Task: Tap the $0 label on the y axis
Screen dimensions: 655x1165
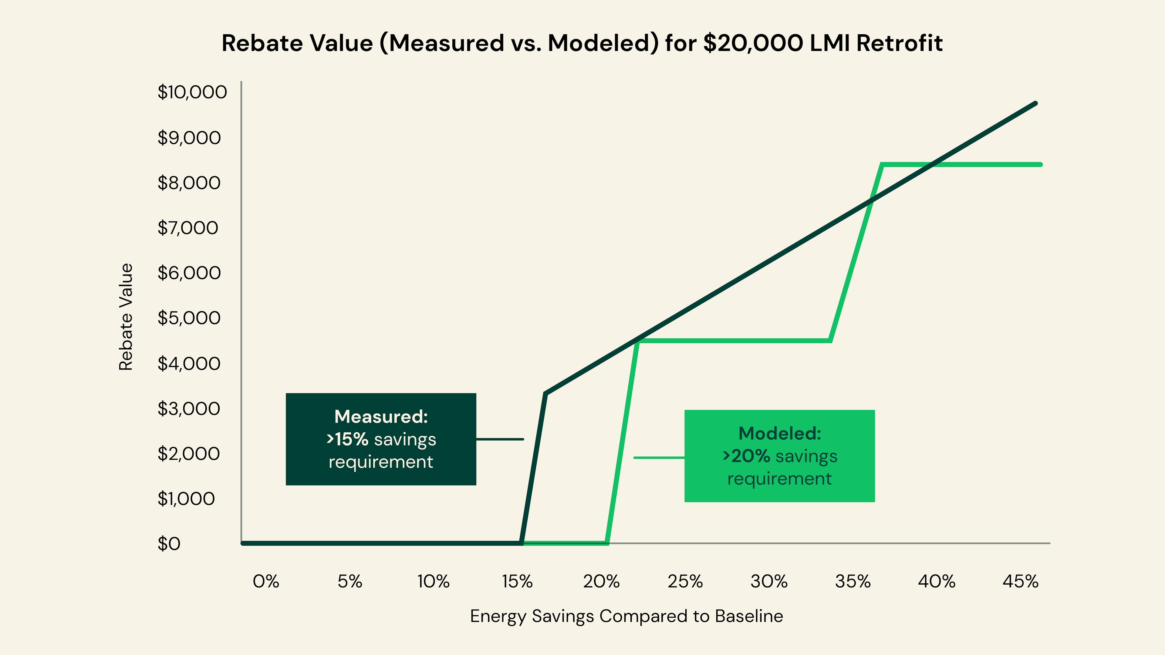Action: click(x=169, y=544)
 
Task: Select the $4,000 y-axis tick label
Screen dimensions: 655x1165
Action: click(x=189, y=364)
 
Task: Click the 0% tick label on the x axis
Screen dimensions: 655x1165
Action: click(x=266, y=581)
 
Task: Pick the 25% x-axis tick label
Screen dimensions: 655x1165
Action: click(x=685, y=581)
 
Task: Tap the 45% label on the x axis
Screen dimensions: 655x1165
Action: click(x=1020, y=581)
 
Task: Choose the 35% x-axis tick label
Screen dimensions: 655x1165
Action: click(x=853, y=581)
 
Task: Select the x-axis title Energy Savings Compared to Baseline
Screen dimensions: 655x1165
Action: click(x=626, y=616)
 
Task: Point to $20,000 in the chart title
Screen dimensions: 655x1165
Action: click(x=753, y=43)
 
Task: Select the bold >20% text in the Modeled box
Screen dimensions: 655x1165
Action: click(x=746, y=456)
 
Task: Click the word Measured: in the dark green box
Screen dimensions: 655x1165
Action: click(x=381, y=417)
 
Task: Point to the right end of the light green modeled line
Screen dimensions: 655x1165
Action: click(x=1041, y=165)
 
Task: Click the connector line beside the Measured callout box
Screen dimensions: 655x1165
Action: click(x=500, y=439)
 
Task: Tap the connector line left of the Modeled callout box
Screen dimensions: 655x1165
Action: click(x=659, y=458)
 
